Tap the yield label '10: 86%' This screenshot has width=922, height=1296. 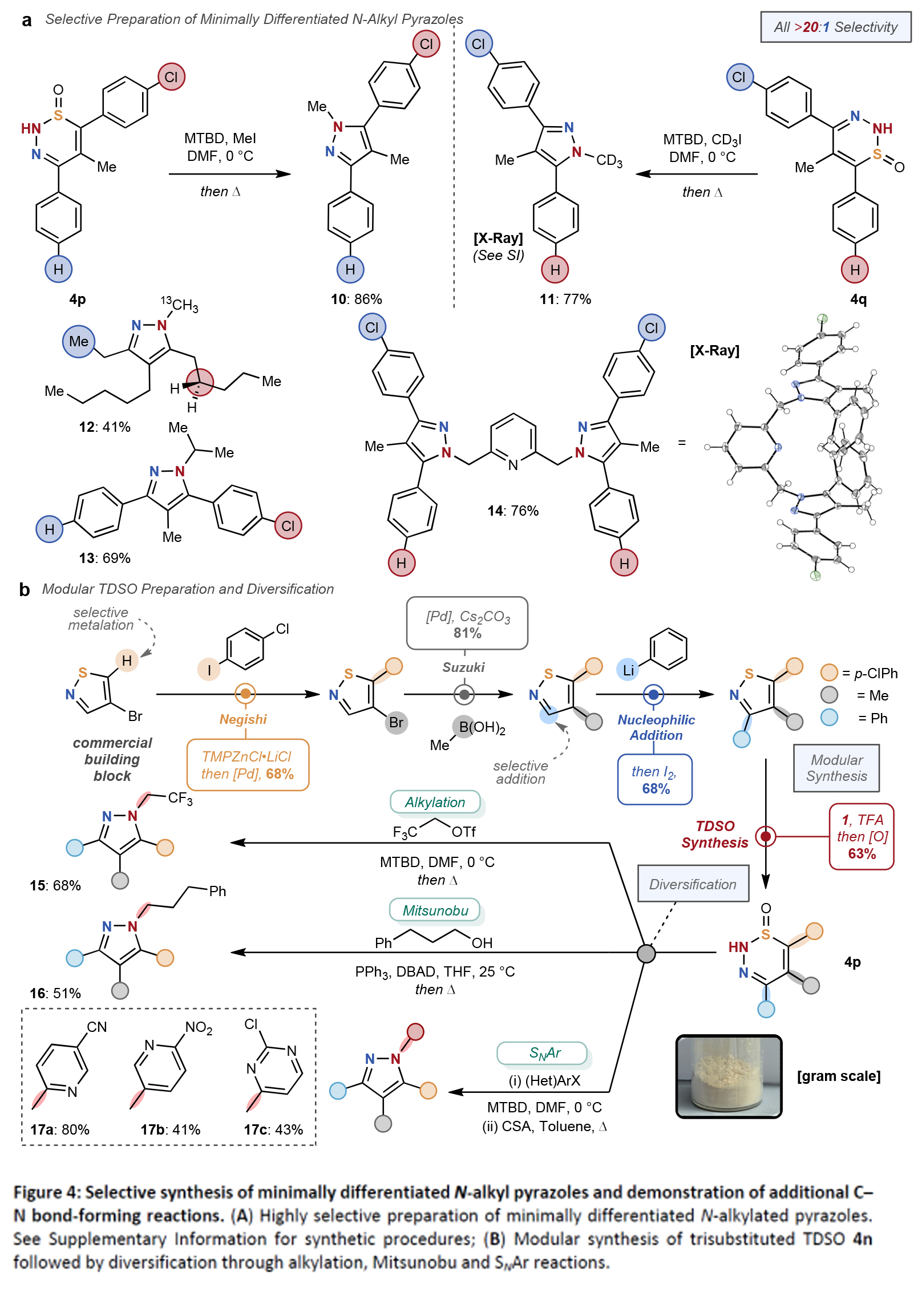tap(357, 299)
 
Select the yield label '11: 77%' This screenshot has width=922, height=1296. tap(565, 299)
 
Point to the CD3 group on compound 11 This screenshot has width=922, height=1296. tap(609, 160)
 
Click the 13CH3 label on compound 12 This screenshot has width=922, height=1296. tap(180, 305)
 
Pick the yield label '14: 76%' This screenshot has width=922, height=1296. tap(513, 511)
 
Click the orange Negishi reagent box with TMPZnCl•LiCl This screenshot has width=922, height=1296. tap(248, 765)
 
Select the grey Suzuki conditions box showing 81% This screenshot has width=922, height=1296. tap(467, 623)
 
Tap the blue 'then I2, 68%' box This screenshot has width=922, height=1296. tap(654, 780)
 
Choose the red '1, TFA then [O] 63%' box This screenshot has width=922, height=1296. tap(862, 836)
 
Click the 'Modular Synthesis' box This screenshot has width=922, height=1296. tap(836, 768)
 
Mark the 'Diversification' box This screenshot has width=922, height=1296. tap(693, 884)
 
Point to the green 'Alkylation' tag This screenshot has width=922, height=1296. tap(435, 802)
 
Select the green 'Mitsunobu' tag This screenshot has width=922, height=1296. tap(435, 910)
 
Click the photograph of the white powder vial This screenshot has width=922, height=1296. tap(729, 1076)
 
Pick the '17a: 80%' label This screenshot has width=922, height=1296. tap(60, 1129)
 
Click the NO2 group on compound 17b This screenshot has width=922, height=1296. tap(199, 1028)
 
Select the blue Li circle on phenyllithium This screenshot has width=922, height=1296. tap(628, 670)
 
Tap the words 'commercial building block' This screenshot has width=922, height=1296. tap(112, 759)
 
